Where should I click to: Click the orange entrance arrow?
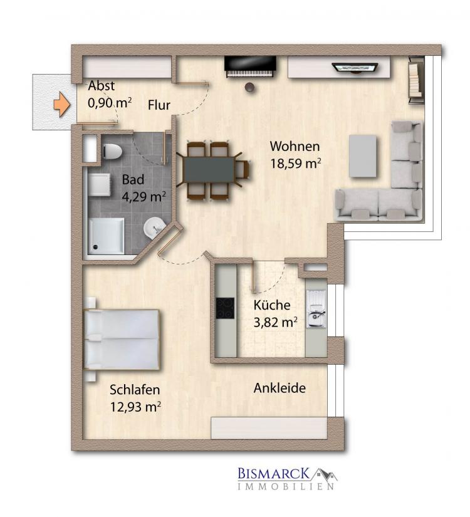pos(62,105)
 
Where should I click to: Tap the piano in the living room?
pos(250,66)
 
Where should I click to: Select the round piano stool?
pos(250,87)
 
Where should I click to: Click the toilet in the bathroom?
pos(112,152)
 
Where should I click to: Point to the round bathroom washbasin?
pos(154,228)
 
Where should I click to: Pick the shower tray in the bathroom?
pos(106,236)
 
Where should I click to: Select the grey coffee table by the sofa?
pos(363,155)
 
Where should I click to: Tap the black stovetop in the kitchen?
pos(225,308)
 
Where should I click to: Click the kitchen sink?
pos(316,310)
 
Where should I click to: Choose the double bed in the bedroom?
pos(122,339)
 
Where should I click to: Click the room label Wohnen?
pos(295,146)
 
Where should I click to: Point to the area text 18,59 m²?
pos(296,164)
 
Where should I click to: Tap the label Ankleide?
pos(279,388)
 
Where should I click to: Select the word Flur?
pos(159,105)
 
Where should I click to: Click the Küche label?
pos(272,305)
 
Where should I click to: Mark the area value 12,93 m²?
pos(135,407)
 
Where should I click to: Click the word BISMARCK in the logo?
pos(274,474)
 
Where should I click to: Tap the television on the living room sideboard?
pos(355,68)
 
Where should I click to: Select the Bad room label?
pos(133,180)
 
